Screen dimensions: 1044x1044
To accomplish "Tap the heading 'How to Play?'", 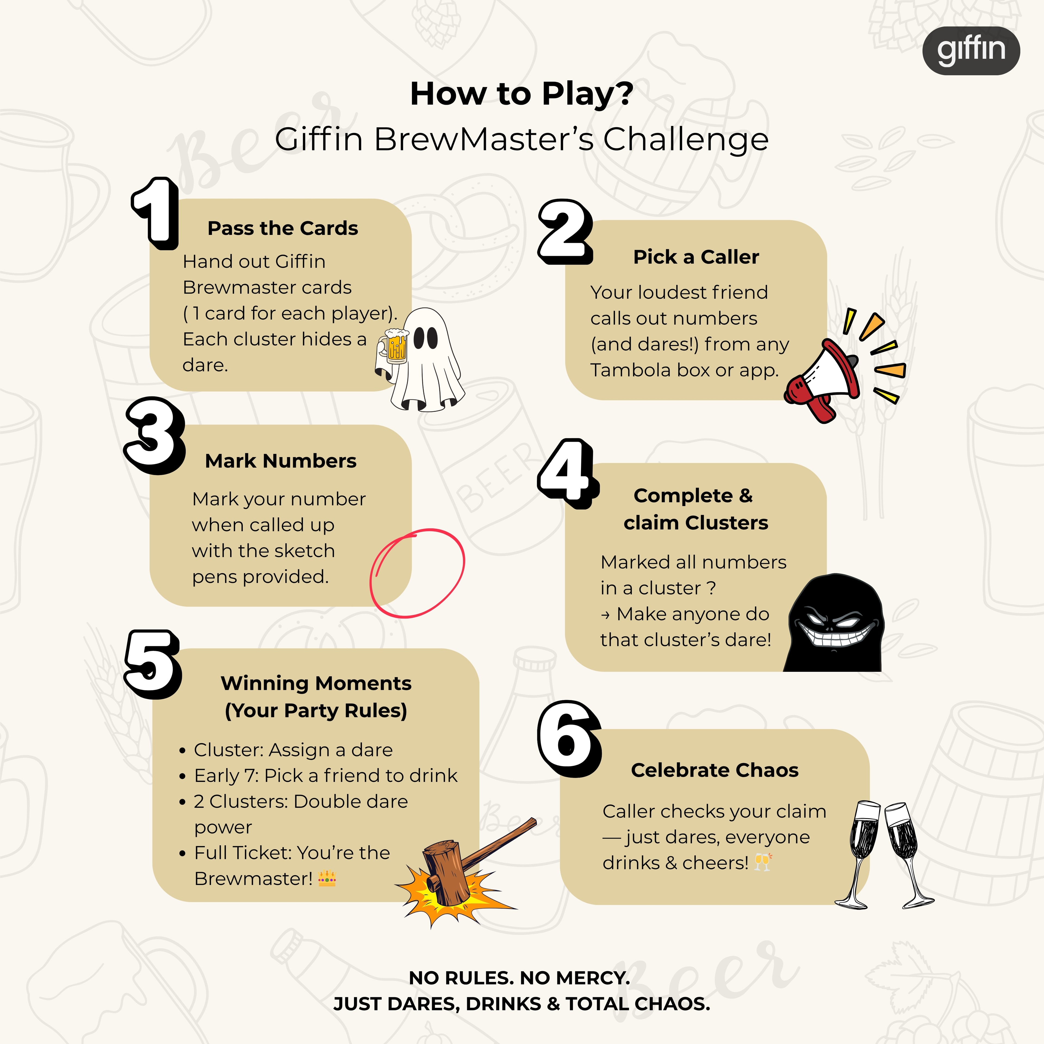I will click(521, 94).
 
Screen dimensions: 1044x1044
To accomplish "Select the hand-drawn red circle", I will click(417, 573).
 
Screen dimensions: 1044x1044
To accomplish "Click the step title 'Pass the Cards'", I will click(283, 228).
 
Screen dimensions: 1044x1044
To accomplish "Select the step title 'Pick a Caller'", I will click(696, 257).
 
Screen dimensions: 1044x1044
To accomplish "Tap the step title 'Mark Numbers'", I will click(281, 461).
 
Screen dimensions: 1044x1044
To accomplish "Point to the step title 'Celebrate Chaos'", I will click(714, 770).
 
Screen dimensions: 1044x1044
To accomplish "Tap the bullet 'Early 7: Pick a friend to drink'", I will click(325, 775).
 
